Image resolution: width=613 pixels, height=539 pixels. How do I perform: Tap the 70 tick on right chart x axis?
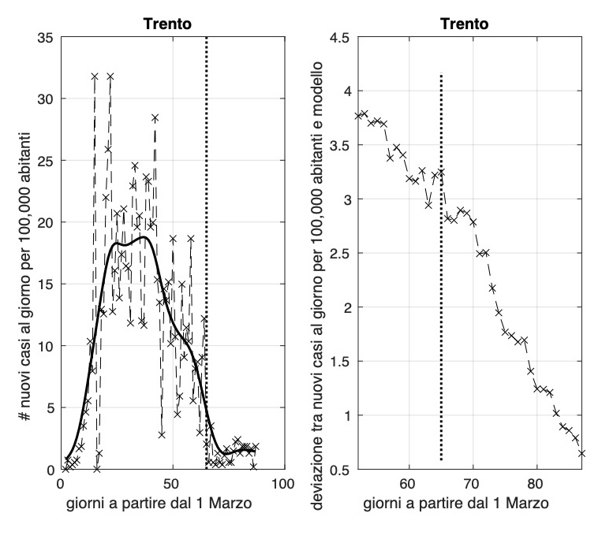tap(473, 481)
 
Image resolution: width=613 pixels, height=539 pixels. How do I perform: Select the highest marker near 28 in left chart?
tap(155, 117)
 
